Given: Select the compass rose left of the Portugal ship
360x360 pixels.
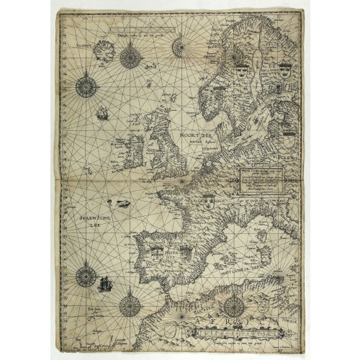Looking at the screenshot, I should pos(86,274).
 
